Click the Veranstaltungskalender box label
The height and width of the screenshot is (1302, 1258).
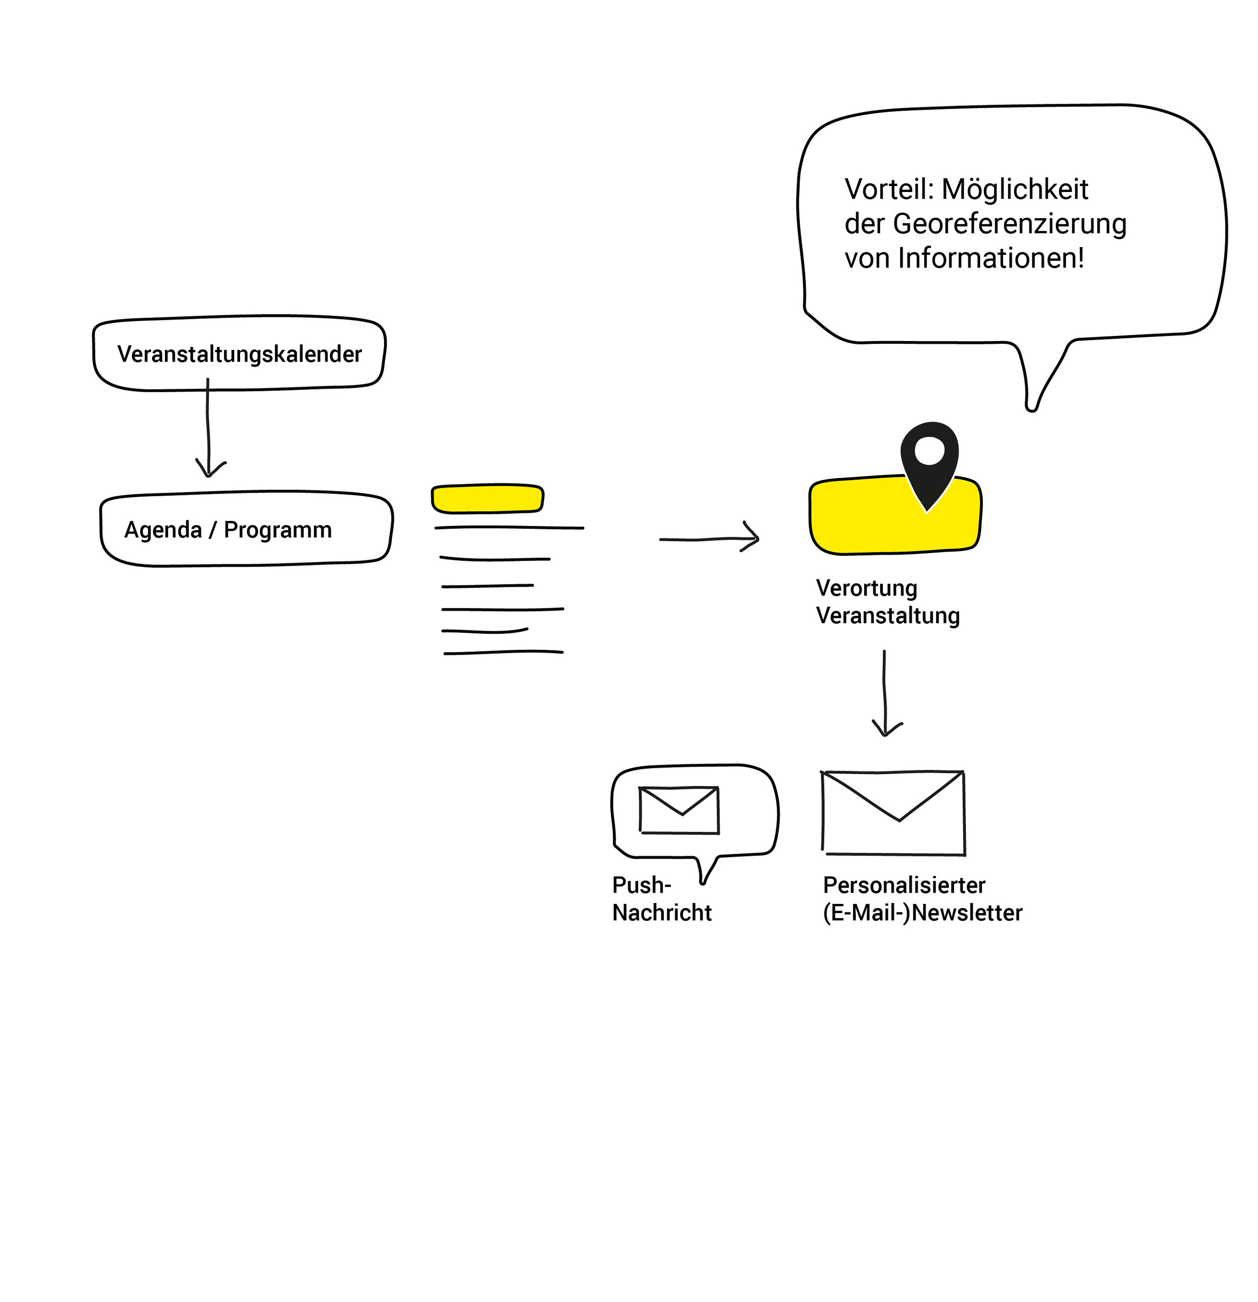pyautogui.click(x=239, y=354)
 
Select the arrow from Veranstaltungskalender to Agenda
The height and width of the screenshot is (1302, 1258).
pyautogui.click(x=208, y=428)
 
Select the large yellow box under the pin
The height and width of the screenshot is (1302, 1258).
pyautogui.click(x=863, y=518)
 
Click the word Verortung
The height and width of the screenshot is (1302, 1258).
pyautogui.click(x=866, y=588)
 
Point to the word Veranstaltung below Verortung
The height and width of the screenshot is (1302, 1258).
pyautogui.click(x=888, y=616)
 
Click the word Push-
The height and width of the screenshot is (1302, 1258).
pyautogui.click(x=641, y=885)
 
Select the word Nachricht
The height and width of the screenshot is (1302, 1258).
pyautogui.click(x=661, y=913)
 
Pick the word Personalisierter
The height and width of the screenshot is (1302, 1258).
pyautogui.click(x=903, y=885)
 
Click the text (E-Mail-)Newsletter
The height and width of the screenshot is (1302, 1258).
pyautogui.click(x=922, y=913)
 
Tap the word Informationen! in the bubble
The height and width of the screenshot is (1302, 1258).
pyautogui.click(x=990, y=258)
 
